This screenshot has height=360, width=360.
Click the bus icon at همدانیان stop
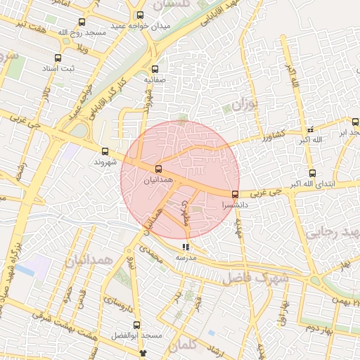click(x=158, y=169)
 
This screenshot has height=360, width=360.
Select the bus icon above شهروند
click(x=105, y=151)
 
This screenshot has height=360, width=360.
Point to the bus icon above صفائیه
click(x=155, y=69)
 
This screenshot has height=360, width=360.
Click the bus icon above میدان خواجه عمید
click(x=140, y=15)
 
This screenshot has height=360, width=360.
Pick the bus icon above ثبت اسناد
click(x=57, y=58)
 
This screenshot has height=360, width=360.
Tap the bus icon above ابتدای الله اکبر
click(x=312, y=173)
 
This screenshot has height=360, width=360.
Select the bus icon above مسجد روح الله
click(x=82, y=22)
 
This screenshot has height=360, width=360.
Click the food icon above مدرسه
click(x=186, y=247)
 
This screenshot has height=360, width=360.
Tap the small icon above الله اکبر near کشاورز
click(x=310, y=130)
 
